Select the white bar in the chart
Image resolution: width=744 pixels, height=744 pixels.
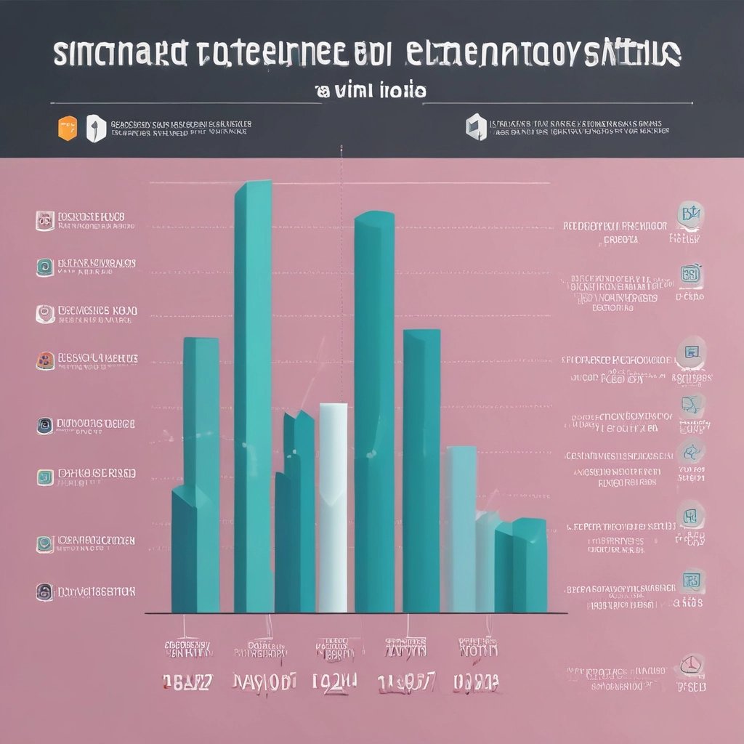click(333, 509)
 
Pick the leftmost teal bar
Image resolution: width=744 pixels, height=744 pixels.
click(196, 472)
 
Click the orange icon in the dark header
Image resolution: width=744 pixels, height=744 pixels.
click(66, 127)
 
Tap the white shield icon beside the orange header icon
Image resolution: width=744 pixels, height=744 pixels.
click(96, 129)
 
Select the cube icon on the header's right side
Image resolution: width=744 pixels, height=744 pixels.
click(474, 126)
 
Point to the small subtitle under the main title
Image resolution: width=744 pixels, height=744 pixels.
click(370, 92)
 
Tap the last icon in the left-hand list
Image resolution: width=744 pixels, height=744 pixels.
click(44, 591)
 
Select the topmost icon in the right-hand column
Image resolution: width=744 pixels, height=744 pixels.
click(691, 215)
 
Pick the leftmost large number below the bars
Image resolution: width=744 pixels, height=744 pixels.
click(187, 682)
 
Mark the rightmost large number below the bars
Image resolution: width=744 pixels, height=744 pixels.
click(476, 682)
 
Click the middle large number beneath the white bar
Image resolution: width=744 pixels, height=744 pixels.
click(335, 682)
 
